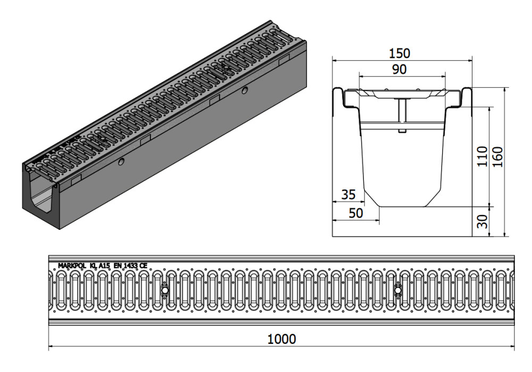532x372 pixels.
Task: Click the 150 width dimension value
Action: (400, 53)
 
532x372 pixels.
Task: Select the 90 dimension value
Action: (400, 70)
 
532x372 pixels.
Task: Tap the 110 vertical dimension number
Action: (482, 156)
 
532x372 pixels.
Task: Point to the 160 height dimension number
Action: (498, 156)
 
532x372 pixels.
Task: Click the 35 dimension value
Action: (348, 195)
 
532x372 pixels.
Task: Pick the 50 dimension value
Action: (356, 213)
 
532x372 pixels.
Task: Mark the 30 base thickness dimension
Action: (482, 221)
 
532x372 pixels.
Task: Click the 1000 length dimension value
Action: (281, 339)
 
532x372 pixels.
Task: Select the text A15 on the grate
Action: (104, 266)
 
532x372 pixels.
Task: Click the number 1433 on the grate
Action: (131, 266)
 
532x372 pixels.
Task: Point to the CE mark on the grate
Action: (144, 266)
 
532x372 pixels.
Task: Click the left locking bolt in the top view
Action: (164, 291)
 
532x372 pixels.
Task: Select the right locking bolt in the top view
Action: (397, 291)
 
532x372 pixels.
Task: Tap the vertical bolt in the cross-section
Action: (402, 116)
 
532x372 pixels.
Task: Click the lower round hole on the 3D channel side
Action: (121, 162)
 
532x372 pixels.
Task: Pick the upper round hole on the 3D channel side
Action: (244, 90)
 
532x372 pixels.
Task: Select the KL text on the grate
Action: (92, 266)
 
